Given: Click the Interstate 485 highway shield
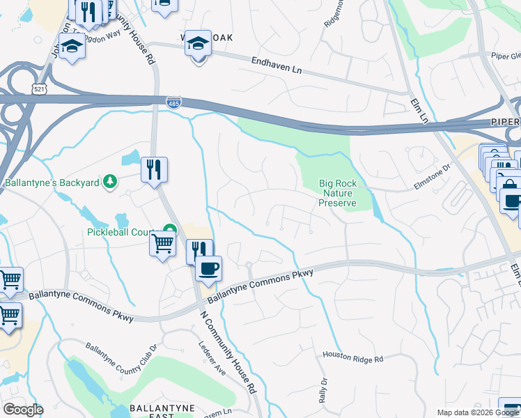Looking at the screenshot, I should [x=175, y=103].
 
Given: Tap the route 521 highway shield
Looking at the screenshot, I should [x=39, y=88].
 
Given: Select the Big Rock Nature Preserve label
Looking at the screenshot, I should [x=338, y=193].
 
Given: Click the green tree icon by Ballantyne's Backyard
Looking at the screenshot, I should [x=109, y=183].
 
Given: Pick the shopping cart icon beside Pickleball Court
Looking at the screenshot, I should [x=162, y=244].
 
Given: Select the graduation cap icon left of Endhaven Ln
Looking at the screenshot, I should [x=199, y=43].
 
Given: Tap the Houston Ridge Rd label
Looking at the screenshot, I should [x=353, y=358].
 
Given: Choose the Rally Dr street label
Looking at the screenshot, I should [x=323, y=392].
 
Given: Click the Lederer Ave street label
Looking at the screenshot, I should [x=212, y=358].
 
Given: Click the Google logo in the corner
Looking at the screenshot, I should [x=23, y=410].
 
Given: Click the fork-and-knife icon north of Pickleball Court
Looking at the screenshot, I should [x=153, y=169].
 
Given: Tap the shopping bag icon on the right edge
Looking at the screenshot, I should [x=509, y=185].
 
